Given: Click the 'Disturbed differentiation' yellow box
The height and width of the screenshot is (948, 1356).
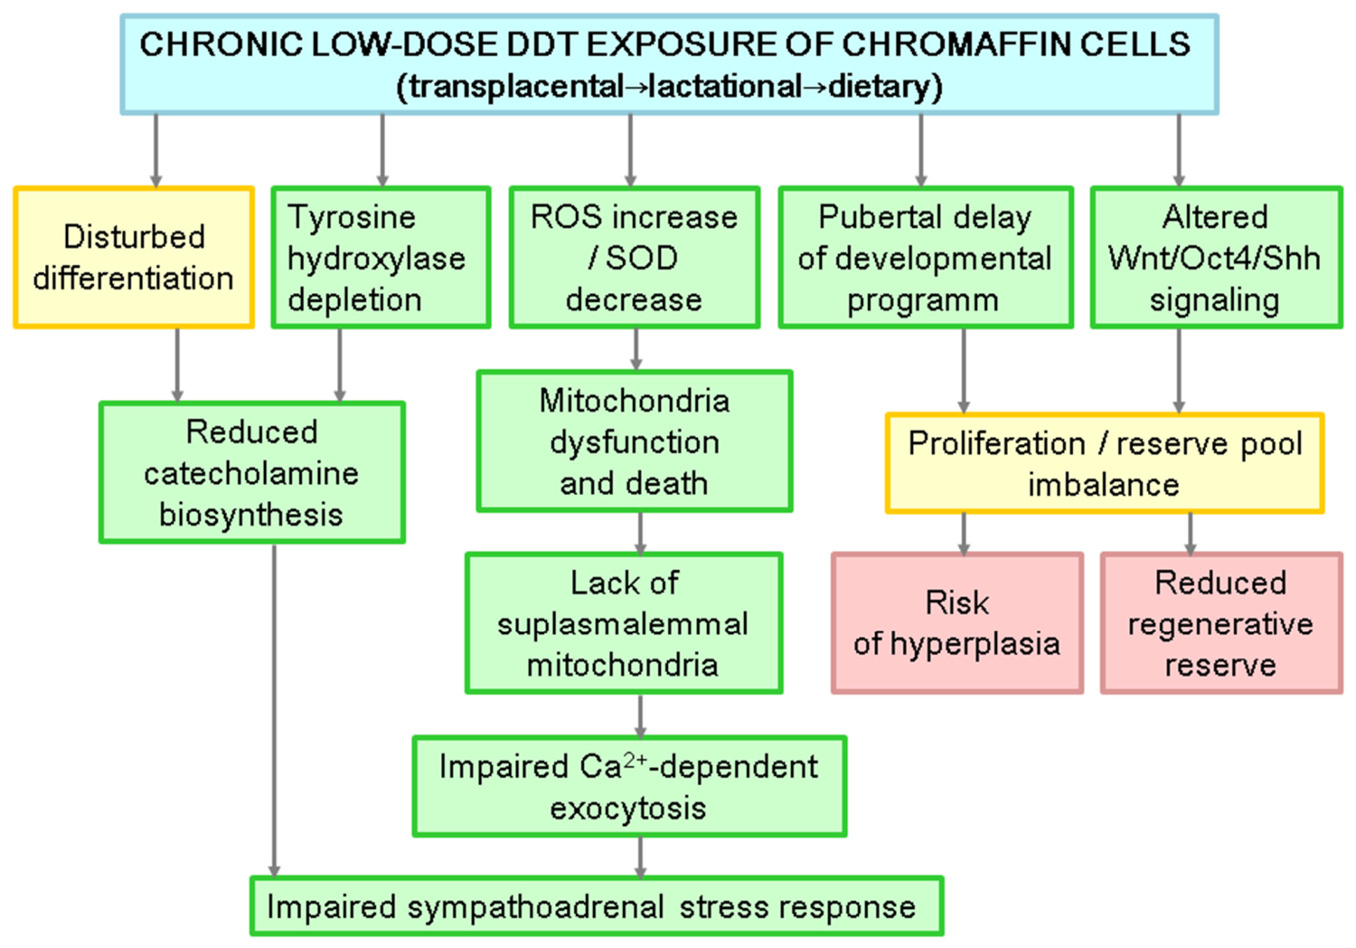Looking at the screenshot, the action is [134, 258].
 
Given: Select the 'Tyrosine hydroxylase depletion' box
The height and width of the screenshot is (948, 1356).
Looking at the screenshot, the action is [381, 258].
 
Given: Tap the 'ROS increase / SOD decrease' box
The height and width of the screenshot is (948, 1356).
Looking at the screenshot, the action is [635, 258].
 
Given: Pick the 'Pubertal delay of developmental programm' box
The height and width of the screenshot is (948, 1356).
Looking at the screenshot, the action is [926, 258].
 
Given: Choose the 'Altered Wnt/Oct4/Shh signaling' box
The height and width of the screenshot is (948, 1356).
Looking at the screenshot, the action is [1216, 258].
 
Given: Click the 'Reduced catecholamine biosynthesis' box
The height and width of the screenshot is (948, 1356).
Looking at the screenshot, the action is [252, 472].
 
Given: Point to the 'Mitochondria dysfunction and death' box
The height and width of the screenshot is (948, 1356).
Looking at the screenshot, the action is [635, 441].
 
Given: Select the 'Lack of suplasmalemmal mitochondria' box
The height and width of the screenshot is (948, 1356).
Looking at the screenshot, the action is [624, 622].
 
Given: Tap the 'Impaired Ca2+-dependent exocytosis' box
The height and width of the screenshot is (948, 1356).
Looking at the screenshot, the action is [629, 786].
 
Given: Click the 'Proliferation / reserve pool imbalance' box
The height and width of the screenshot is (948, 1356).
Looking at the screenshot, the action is [1105, 463].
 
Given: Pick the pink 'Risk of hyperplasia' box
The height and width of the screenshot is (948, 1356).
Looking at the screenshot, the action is [957, 622].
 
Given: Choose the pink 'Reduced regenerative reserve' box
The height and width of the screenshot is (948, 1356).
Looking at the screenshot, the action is [1221, 622].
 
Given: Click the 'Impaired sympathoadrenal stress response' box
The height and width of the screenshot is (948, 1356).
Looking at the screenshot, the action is [597, 905].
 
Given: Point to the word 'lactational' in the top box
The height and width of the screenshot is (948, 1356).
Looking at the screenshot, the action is [725, 86].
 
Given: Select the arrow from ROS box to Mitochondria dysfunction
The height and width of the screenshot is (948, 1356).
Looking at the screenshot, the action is [636, 349].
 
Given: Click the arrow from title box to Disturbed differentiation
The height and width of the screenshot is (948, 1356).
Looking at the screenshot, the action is [155, 151].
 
